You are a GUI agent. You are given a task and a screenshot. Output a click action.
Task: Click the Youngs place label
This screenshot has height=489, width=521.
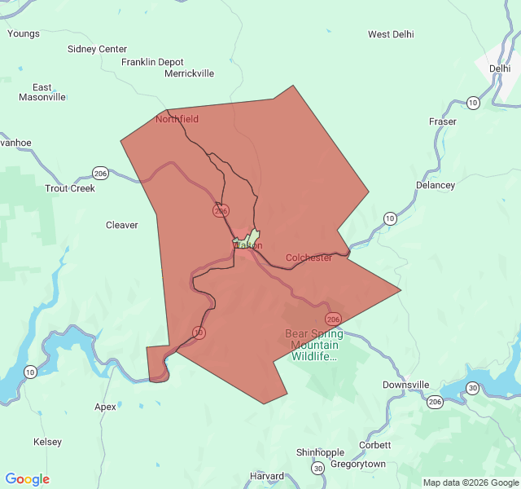pyautogui.click(x=24, y=33)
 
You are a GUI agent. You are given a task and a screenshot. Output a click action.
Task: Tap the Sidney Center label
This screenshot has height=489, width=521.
pyautogui.click(x=97, y=49)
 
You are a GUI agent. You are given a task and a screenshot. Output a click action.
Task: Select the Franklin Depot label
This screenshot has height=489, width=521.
pyautogui.click(x=152, y=62)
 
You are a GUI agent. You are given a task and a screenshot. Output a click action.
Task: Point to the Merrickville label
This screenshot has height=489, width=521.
pyautogui.click(x=189, y=73)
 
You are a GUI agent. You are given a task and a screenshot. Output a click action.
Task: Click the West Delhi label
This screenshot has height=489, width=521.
pyautogui.click(x=391, y=34)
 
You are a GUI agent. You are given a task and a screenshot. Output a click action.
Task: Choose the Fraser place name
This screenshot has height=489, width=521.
pyautogui.click(x=443, y=121)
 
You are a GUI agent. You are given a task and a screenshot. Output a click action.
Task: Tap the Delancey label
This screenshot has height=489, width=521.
pyautogui.click(x=436, y=185)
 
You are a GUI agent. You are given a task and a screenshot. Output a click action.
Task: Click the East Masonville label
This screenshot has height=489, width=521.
pyautogui.click(x=42, y=92)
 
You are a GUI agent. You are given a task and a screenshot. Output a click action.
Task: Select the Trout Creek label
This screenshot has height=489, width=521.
pyautogui.click(x=70, y=188)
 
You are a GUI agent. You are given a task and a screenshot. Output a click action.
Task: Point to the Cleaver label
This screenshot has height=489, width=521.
pyautogui.click(x=122, y=225)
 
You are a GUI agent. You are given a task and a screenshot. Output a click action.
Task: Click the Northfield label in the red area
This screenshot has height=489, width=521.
pyautogui.click(x=177, y=119)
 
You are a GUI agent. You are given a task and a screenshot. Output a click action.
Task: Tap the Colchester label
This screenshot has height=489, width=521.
pyautogui.click(x=309, y=258)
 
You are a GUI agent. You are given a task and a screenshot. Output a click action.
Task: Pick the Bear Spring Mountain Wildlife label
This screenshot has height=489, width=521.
pyautogui.click(x=314, y=345)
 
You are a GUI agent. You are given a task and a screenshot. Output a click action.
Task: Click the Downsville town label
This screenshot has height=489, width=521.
pyautogui.click(x=405, y=385)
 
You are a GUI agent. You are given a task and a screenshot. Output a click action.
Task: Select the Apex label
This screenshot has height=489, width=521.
pyautogui.click(x=105, y=407)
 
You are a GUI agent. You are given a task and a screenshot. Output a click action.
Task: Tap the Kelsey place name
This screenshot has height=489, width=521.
pyautogui.click(x=47, y=442)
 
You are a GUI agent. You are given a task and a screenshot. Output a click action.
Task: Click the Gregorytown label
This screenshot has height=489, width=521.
pyautogui.click(x=358, y=464)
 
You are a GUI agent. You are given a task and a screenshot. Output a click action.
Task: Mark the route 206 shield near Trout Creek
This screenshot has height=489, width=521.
pyautogui.click(x=100, y=173)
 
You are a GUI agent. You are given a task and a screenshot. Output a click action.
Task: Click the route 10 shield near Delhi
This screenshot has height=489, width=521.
pyautogui.click(x=473, y=103)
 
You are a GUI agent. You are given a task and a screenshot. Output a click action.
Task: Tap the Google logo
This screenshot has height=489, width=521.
pyautogui.click(x=27, y=479)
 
